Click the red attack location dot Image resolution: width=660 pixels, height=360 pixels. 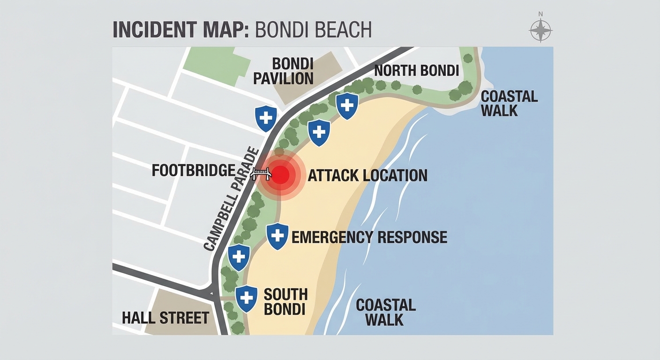tap(280, 175)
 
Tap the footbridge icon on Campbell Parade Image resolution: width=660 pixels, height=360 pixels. tap(261, 173)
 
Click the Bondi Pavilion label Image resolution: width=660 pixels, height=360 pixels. tap(283, 71)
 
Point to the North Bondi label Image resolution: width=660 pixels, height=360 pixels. tap(416, 71)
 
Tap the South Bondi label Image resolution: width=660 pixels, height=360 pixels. tap(285, 301)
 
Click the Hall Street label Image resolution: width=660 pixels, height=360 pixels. tap(165, 318)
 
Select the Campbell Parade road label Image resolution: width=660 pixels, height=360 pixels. tap(232, 199)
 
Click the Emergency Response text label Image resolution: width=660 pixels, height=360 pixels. tap(369, 237)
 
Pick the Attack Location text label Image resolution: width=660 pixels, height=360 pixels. tap(367, 175)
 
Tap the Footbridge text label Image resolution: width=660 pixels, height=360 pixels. tap(193, 171)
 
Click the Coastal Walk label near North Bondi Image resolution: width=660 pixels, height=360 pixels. tap(509, 104)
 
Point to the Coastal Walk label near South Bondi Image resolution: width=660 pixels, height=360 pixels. tap(386, 312)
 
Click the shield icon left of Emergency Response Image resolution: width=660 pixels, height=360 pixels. tap(277, 236)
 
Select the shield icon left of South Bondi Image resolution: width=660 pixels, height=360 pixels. tap(247, 298)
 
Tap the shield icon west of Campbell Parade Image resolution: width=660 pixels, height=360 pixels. tap(266, 118)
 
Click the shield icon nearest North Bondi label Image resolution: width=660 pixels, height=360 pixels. tap(347, 105)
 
